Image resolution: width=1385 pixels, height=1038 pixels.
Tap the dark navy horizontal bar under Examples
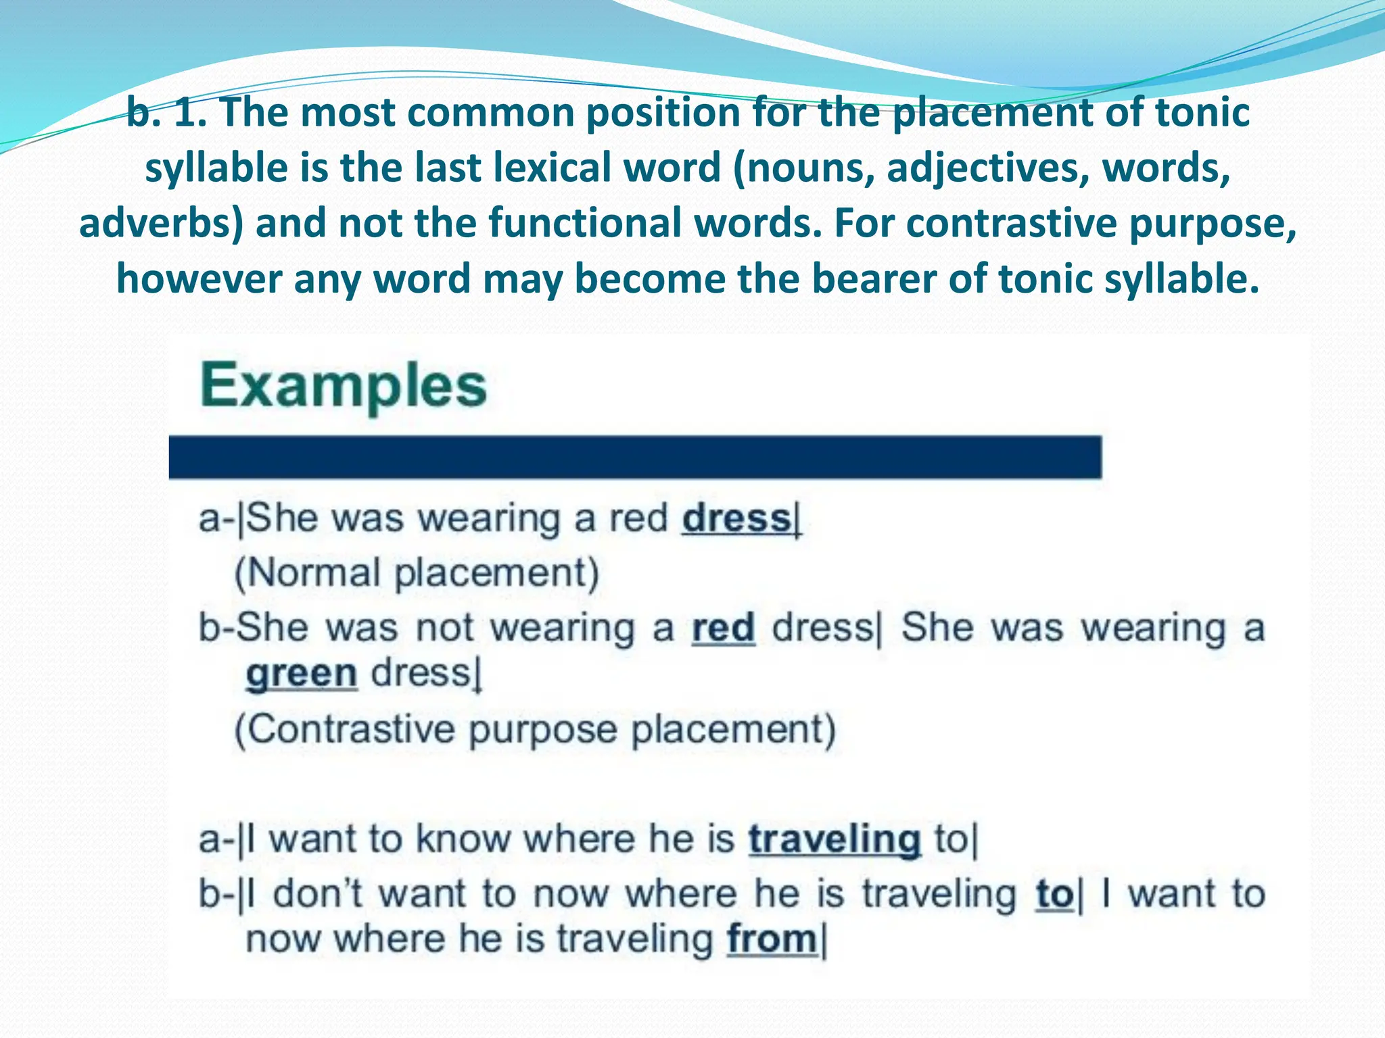coord(635,458)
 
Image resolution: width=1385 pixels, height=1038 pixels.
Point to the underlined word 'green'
coord(301,674)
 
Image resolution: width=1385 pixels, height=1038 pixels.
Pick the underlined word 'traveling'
coord(835,839)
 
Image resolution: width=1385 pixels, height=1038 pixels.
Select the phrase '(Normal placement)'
coord(417,573)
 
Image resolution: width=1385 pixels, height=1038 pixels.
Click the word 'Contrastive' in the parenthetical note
coord(344,730)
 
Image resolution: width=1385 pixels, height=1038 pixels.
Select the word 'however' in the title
coord(199,278)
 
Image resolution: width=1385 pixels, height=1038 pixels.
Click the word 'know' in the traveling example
coord(463,839)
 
